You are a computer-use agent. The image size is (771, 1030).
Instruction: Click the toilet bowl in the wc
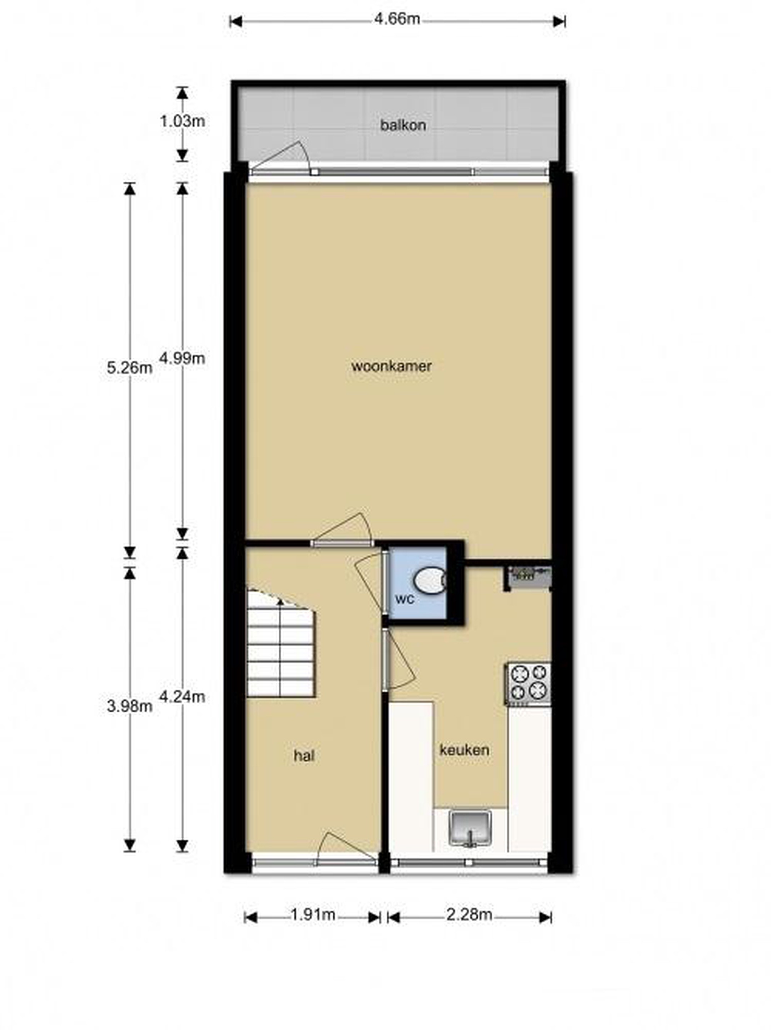(x=429, y=580)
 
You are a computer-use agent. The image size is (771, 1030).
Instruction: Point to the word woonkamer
(x=391, y=366)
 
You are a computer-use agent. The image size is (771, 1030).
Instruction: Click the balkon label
(x=403, y=125)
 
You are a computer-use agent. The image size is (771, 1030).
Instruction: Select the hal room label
(x=303, y=755)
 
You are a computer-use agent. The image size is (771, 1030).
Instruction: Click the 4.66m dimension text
(x=397, y=19)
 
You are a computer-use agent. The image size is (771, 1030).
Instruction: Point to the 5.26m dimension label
(x=129, y=368)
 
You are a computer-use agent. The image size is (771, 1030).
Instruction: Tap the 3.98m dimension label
(x=129, y=706)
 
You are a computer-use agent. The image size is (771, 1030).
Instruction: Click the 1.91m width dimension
(x=313, y=914)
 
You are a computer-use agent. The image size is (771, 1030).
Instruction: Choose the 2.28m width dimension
(x=469, y=914)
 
